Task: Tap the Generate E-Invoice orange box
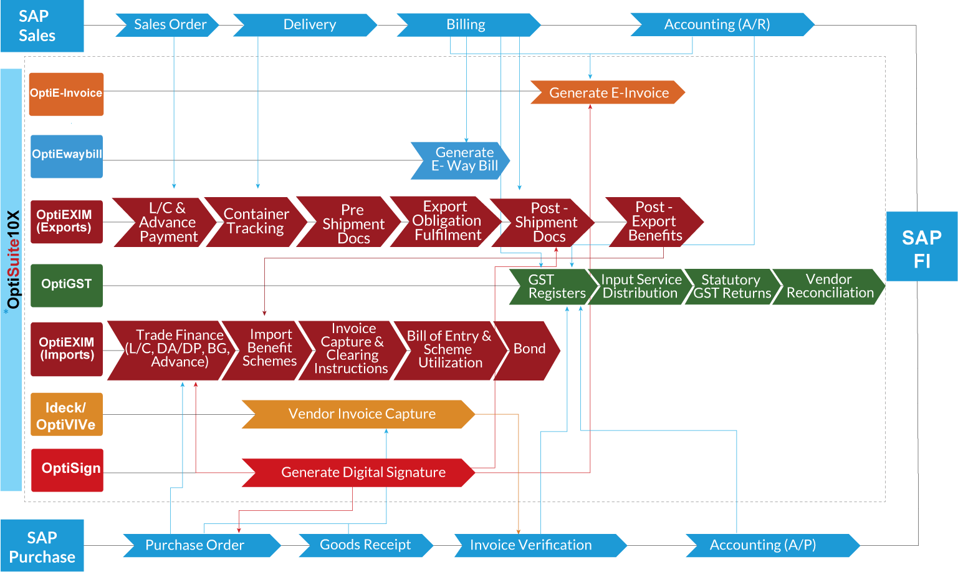pyautogui.click(x=608, y=93)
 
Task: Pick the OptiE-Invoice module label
pyautogui.click(x=66, y=94)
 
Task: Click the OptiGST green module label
pyautogui.click(x=67, y=284)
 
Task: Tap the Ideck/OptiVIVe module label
pyautogui.click(x=66, y=415)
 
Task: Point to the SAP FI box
pyautogui.click(x=922, y=247)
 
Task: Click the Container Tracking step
pyautogui.click(x=256, y=222)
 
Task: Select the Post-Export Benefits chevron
pyautogui.click(x=654, y=222)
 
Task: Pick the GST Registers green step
pyautogui.click(x=550, y=287)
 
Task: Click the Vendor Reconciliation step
pyautogui.click(x=829, y=286)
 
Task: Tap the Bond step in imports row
pyautogui.click(x=529, y=349)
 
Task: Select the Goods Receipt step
pyautogui.click(x=365, y=545)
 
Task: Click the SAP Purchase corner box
pyautogui.click(x=42, y=546)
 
